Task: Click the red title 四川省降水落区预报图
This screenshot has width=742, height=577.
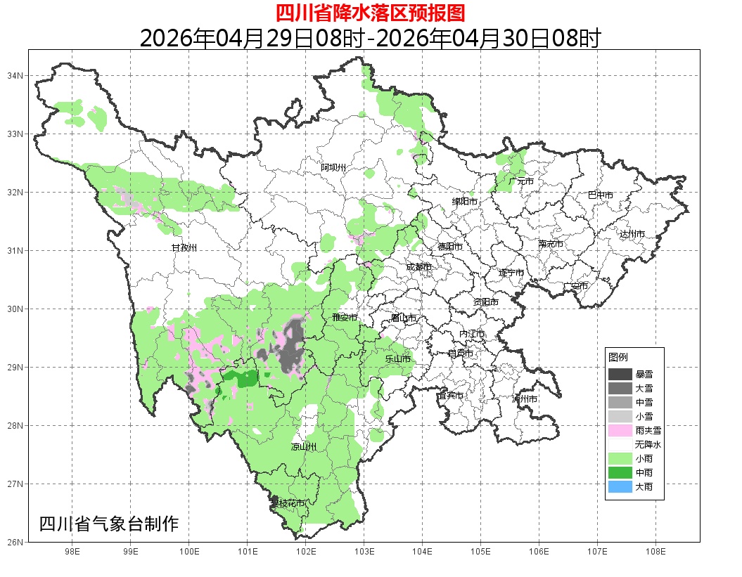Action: click(370, 13)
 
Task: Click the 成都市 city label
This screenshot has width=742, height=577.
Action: click(419, 267)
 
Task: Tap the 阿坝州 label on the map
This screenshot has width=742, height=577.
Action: click(334, 167)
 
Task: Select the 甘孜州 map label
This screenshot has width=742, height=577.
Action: click(185, 248)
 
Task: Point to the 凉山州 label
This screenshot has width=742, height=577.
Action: click(304, 447)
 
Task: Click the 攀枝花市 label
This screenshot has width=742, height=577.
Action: click(288, 503)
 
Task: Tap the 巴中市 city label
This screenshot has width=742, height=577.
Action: click(601, 195)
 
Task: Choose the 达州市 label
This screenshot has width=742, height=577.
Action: click(632, 234)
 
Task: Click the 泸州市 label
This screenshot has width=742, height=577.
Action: click(525, 399)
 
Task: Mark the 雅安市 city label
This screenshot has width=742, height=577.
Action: click(345, 318)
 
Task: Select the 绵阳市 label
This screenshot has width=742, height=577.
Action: click(465, 202)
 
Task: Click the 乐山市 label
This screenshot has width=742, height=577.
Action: click(397, 358)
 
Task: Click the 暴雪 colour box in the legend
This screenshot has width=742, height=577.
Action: click(620, 374)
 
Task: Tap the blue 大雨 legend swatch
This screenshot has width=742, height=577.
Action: click(620, 486)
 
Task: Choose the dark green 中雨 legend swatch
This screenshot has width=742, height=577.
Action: click(620, 472)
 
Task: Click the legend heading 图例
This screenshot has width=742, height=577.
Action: click(618, 357)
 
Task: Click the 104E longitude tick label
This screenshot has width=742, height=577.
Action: click(422, 552)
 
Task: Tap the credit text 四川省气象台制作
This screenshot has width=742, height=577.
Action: click(109, 524)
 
